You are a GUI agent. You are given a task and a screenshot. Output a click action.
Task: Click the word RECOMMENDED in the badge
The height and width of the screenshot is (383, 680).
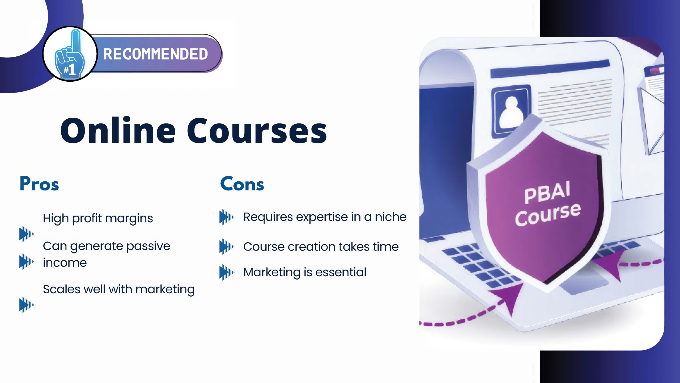point(155,54)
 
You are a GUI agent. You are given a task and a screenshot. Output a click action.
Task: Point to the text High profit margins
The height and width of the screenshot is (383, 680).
point(98,218)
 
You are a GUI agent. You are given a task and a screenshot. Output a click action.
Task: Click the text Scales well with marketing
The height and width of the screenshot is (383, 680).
point(119,289)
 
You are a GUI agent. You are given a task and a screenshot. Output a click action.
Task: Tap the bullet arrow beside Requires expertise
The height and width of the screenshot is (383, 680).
point(227,217)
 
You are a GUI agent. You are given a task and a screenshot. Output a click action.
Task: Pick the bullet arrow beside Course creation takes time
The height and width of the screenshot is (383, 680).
point(227,247)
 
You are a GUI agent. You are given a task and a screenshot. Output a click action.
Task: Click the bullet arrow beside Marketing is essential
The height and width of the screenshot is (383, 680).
point(227,272)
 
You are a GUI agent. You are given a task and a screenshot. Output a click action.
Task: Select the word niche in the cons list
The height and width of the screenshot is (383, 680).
point(390,217)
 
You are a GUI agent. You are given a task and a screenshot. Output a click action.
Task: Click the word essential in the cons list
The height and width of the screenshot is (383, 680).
point(341,272)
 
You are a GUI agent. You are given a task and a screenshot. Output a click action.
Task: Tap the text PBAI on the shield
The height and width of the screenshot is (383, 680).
point(547,192)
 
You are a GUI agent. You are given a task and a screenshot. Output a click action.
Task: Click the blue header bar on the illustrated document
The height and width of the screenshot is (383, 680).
point(550,69)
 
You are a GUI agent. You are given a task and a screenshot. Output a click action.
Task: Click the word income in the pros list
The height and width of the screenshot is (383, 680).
point(65,263)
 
